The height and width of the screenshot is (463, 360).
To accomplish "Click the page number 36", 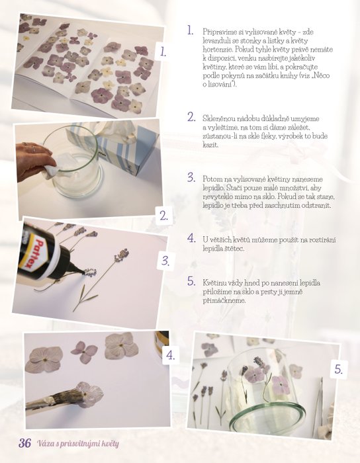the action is pyautogui.click(x=24, y=443).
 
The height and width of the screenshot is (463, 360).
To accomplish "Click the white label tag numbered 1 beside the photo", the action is pyautogui.click(x=163, y=52).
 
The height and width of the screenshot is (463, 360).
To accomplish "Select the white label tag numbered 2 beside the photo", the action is pyautogui.click(x=164, y=216).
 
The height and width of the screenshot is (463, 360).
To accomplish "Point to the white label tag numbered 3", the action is pyautogui.click(x=165, y=261).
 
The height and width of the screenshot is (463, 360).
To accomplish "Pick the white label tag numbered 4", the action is pyautogui.click(x=170, y=355).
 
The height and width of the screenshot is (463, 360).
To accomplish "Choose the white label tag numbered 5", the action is pyautogui.click(x=338, y=369).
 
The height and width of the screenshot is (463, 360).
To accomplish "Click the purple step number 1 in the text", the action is pyautogui.click(x=191, y=30).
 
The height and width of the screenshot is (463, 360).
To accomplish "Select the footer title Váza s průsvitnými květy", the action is pyautogui.click(x=78, y=444).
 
